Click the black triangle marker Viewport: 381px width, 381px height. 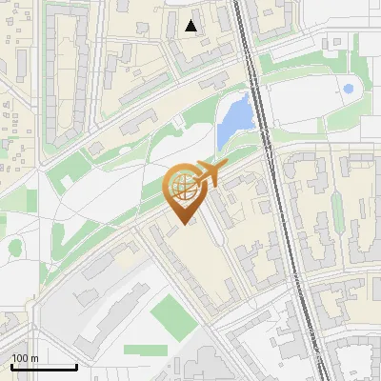191,26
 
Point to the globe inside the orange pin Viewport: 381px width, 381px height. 182,187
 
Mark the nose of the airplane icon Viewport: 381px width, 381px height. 225,169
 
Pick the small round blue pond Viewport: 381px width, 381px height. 348,90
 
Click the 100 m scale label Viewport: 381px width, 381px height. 25,358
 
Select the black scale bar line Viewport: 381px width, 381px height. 44,367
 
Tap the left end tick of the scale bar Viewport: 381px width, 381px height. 11,365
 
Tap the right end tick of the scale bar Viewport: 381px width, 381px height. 76,365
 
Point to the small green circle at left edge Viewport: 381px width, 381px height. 14,247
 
